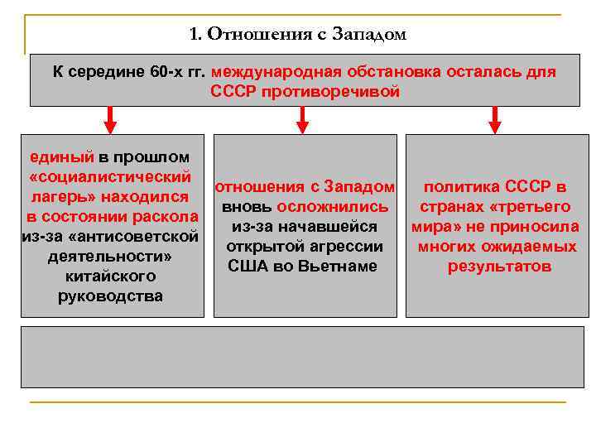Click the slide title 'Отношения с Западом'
click(x=307, y=35)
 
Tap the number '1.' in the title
click(x=195, y=35)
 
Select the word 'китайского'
click(x=109, y=276)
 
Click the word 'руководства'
click(x=110, y=296)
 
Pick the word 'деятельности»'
click(x=109, y=257)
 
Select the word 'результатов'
click(x=499, y=267)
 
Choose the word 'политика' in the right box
click(x=460, y=186)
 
